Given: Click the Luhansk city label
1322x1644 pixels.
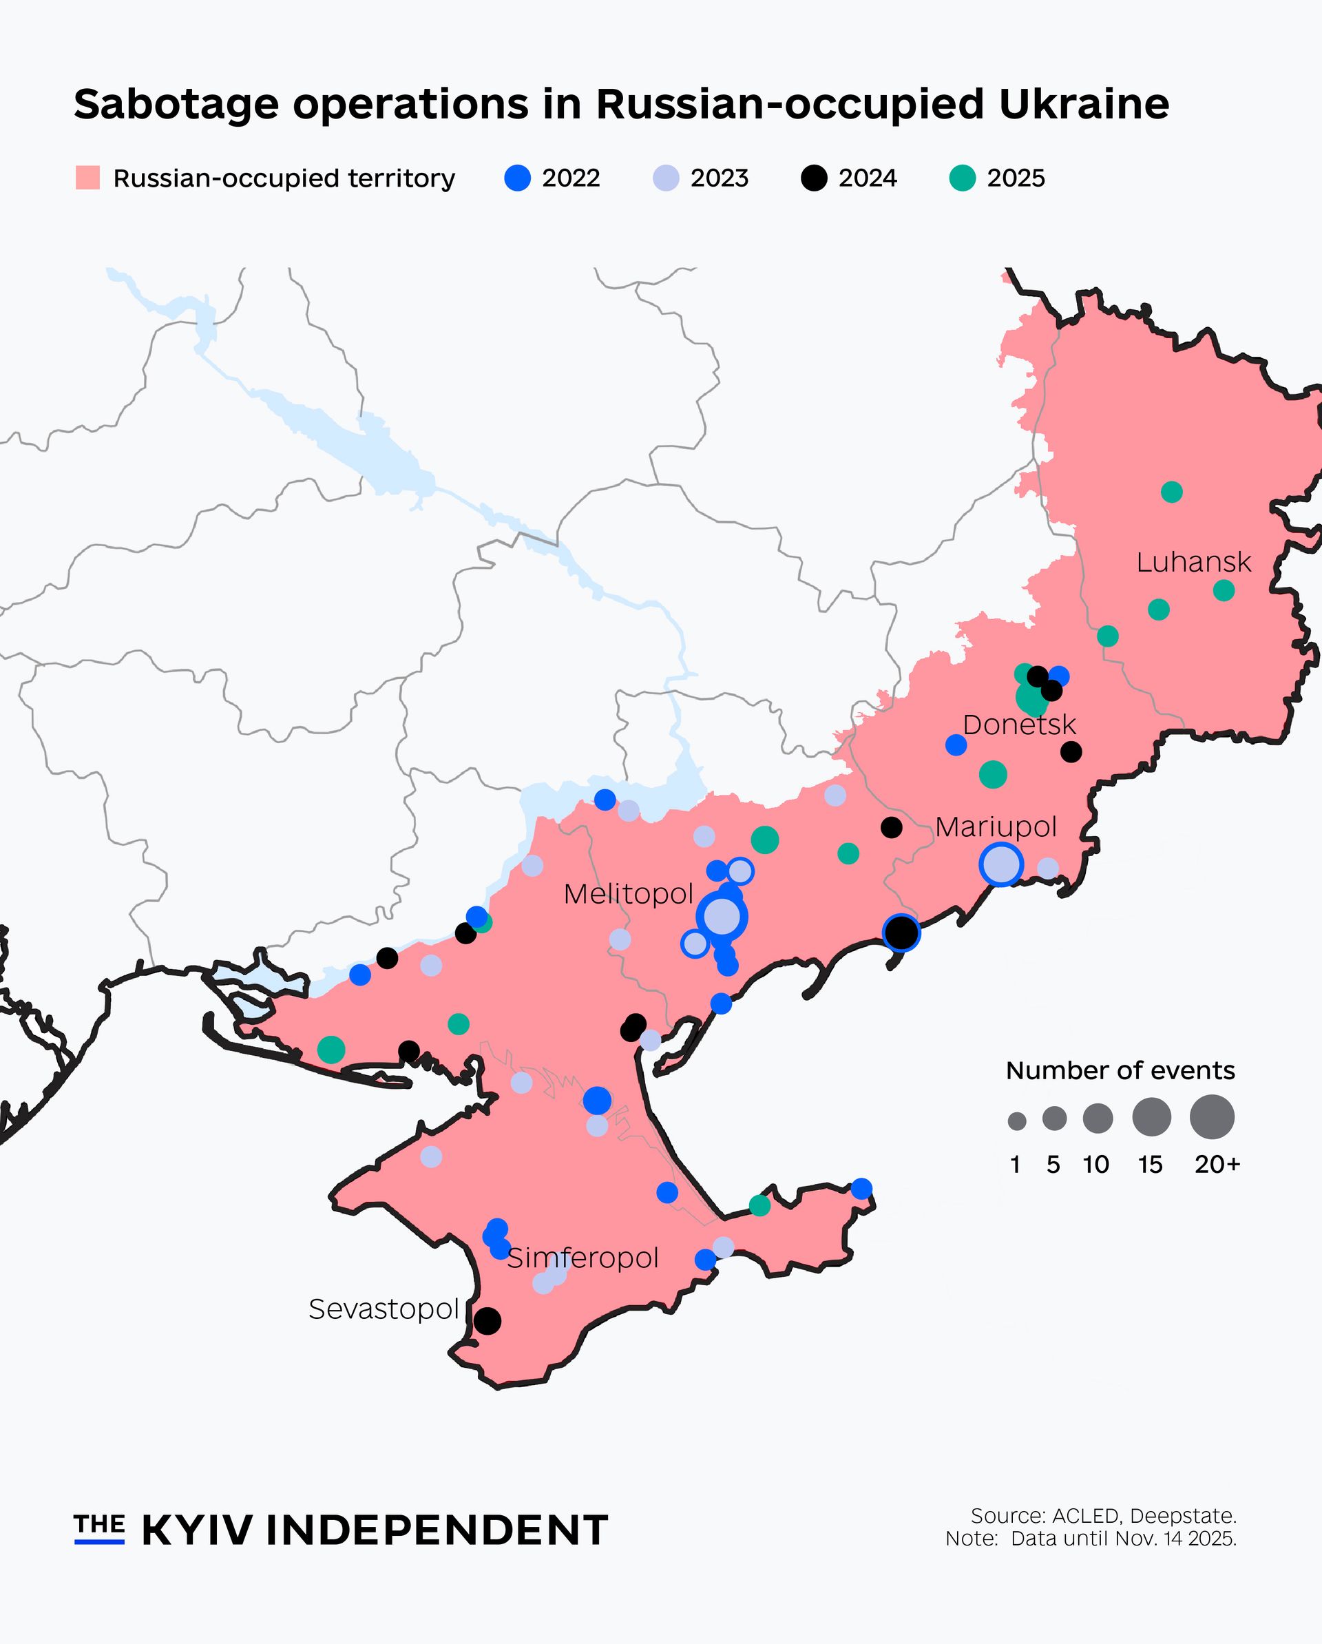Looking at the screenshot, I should pos(1193,563).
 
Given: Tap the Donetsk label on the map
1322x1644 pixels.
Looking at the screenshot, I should pos(1018,725).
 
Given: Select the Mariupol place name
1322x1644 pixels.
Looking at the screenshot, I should pos(995,826).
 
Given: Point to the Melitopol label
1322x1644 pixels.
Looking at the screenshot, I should pos(628,894).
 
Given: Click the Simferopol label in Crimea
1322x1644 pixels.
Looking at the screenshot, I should pos(583,1258).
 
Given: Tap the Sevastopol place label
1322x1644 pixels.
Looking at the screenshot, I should pos(384,1309).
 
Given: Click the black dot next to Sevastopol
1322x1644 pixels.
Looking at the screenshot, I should pos(488,1320).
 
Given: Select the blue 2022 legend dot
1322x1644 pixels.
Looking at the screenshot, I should pos(518,178).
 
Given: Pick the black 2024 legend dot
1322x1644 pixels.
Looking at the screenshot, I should pos(815,178).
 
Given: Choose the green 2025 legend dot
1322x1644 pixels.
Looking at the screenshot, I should pos(962,178).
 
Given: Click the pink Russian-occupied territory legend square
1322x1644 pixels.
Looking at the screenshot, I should pos(87,178).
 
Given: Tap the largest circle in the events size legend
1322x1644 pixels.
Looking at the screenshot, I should pos(1211,1117).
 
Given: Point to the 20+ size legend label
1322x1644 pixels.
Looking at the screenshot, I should pos(1217,1165).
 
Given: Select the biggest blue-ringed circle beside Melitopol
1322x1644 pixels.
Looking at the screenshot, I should pos(721,917).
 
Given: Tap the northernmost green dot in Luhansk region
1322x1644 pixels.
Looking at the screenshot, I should pos(1171,492).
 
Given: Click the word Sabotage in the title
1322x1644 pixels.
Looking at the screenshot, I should pos(176,105).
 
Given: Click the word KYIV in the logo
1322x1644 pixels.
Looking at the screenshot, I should pos(197,1530).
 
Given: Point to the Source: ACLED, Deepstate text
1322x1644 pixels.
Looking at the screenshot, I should pos(1102,1515).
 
